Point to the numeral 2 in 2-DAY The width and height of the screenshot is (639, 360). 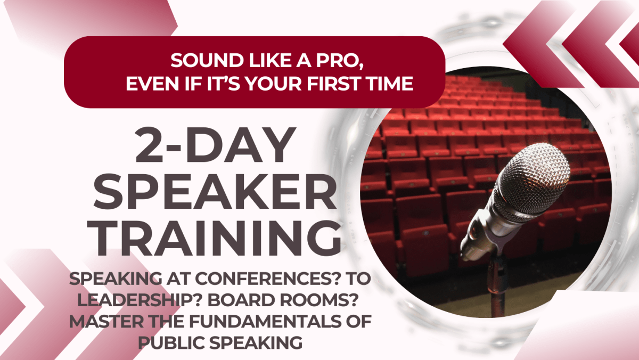pos(150,145)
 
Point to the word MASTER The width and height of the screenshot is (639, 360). pos(106,322)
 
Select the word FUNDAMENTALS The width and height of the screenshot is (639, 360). pos(265,322)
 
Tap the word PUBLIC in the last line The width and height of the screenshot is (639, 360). pos(171,343)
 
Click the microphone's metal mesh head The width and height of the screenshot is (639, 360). pos(532,183)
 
